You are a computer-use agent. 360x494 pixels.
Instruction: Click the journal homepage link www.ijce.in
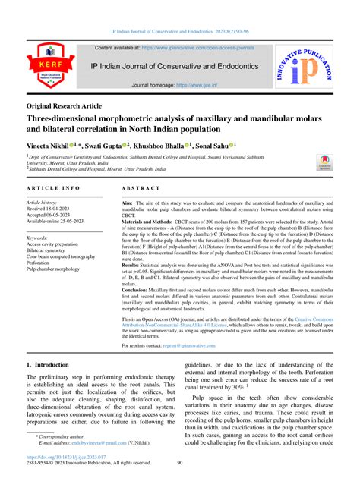(x=193, y=86)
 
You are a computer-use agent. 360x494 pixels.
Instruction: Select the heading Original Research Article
(x=64, y=105)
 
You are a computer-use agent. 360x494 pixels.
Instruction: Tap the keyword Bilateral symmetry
(x=52, y=250)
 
